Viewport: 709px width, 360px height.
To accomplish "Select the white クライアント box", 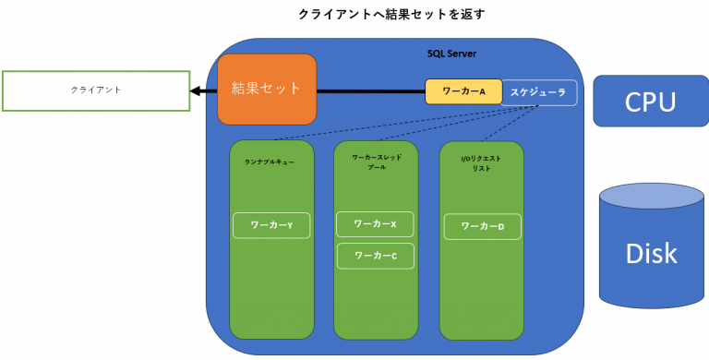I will pyautogui.click(x=96, y=90).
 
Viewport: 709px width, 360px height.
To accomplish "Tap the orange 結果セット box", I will pyautogui.click(x=267, y=90).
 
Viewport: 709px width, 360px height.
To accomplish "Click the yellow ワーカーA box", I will pyautogui.click(x=463, y=91).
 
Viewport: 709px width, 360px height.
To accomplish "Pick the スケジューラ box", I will pyautogui.click(x=539, y=92).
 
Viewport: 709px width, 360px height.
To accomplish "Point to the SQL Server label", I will pyautogui.click(x=451, y=54).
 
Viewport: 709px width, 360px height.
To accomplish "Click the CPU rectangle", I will pyautogui.click(x=650, y=101).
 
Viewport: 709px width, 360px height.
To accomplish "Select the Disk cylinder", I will pyautogui.click(x=651, y=254).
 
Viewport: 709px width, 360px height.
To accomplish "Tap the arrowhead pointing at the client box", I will pyautogui.click(x=197, y=90).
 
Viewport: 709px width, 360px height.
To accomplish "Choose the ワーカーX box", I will pyautogui.click(x=375, y=223).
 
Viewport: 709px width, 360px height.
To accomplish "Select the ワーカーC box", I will pyautogui.click(x=375, y=256).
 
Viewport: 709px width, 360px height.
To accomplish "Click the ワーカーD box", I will pyautogui.click(x=482, y=225).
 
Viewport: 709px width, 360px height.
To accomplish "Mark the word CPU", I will pyautogui.click(x=650, y=102).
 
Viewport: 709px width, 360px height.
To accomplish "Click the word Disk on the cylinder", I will pyautogui.click(x=651, y=254).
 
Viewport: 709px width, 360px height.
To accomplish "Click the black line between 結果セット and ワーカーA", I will pyautogui.click(x=369, y=90).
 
